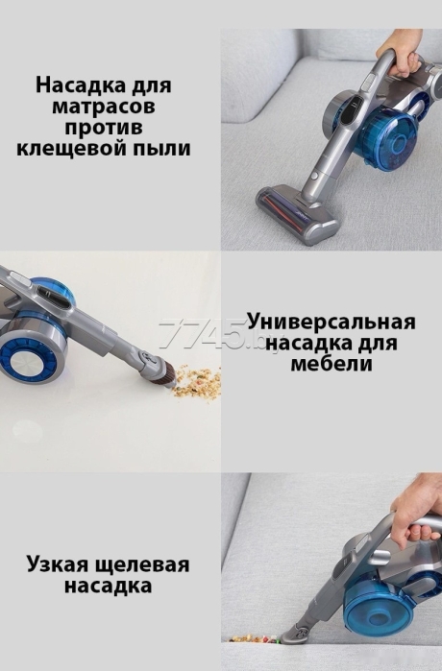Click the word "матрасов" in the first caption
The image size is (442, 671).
(104, 107)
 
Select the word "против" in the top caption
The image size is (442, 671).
(103, 128)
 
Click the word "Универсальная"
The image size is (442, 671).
(331, 323)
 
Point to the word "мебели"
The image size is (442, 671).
(331, 365)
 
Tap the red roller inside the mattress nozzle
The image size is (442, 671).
(283, 205)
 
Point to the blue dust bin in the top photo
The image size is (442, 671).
(391, 139)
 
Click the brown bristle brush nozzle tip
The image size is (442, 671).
(166, 375)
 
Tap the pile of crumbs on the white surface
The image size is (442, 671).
(198, 381)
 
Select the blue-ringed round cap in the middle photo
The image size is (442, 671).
(28, 359)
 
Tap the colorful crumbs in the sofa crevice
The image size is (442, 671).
(255, 640)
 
